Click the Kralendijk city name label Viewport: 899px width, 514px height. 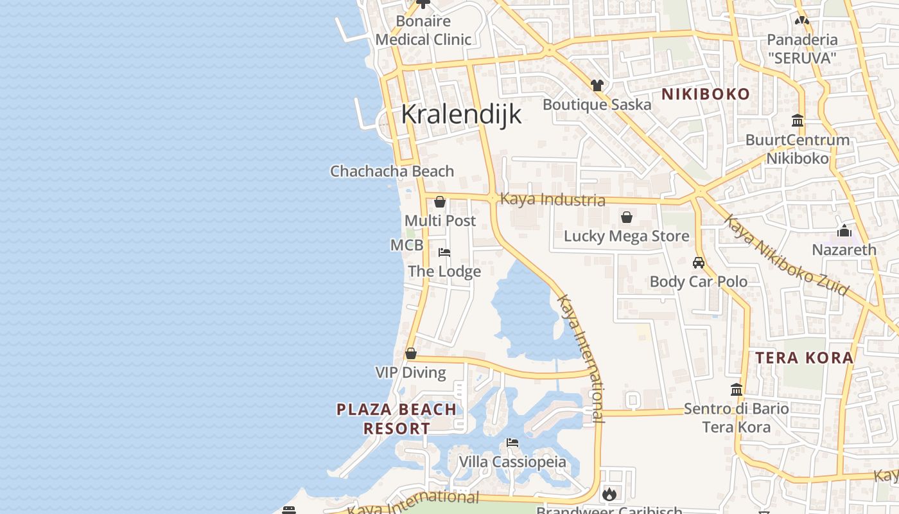(x=460, y=114)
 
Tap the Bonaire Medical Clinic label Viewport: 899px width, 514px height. (x=423, y=30)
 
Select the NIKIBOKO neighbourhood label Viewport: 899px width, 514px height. (x=706, y=94)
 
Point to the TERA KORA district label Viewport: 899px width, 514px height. (x=804, y=358)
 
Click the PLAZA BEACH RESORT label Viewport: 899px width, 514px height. (x=397, y=418)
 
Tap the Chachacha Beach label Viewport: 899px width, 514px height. (x=392, y=172)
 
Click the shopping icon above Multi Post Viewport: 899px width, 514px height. (x=440, y=202)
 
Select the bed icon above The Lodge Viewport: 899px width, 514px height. (x=444, y=253)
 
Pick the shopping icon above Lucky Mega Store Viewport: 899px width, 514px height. (x=626, y=217)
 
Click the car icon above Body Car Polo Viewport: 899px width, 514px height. (x=699, y=263)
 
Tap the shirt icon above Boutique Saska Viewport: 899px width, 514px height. (x=597, y=85)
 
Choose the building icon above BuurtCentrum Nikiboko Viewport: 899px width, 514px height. (x=798, y=120)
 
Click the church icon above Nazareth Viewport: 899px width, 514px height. (x=844, y=230)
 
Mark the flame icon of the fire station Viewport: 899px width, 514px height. (x=609, y=494)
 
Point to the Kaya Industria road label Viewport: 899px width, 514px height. (x=552, y=199)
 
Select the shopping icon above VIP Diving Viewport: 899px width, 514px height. (x=411, y=353)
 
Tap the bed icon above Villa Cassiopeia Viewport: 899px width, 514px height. (x=512, y=443)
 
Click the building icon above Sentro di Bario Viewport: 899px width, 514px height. (x=737, y=389)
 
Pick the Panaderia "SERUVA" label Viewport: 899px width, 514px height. (x=802, y=49)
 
